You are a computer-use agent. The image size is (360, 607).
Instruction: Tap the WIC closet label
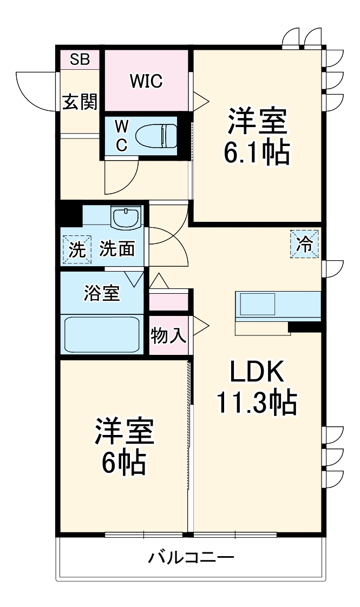point(146,81)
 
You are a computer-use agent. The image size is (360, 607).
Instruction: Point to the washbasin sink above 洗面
point(126,217)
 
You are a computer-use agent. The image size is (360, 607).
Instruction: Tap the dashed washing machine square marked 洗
point(77,250)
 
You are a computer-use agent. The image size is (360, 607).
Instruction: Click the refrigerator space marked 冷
point(305,244)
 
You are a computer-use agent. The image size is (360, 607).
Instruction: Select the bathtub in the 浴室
point(102,334)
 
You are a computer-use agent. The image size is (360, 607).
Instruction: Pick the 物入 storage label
point(168,335)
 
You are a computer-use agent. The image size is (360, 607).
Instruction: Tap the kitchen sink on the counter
point(258,305)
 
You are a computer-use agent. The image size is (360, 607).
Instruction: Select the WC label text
point(122,136)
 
